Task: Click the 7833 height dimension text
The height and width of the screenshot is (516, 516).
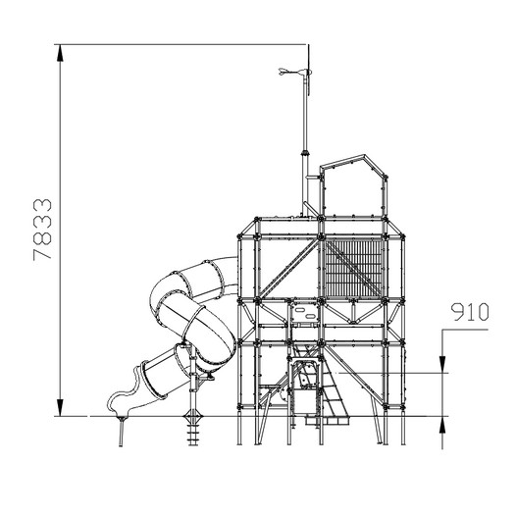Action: tap(42, 230)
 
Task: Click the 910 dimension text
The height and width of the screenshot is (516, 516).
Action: tap(470, 312)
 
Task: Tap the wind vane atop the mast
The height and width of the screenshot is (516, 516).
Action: tap(295, 72)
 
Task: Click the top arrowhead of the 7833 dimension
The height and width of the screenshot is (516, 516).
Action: tap(60, 53)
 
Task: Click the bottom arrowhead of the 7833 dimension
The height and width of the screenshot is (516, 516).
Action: tap(60, 407)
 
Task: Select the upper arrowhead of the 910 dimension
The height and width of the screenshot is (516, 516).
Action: tap(442, 364)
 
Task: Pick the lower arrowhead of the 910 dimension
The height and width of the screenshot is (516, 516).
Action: tap(442, 425)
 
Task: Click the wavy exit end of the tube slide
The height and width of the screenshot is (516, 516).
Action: tap(127, 395)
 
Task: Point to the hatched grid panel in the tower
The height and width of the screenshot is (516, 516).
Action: tap(353, 268)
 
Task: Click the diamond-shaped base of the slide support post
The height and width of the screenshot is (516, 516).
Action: tap(193, 416)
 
